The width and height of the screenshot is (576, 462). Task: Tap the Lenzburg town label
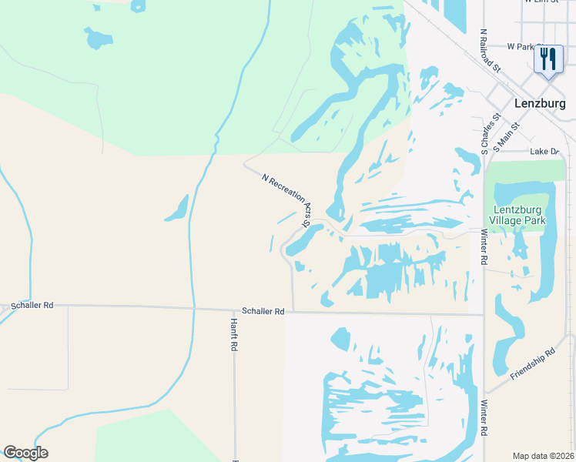[542, 104]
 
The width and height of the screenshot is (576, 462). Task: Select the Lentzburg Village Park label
[519, 215]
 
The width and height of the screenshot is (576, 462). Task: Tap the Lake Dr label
[544, 152]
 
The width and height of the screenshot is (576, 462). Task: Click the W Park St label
[521, 47]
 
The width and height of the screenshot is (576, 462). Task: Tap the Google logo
[25, 453]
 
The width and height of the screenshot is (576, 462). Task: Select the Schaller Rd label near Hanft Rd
[263, 311]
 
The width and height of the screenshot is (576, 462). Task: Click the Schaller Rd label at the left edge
[32, 306]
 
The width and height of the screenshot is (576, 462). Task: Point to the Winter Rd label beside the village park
[484, 247]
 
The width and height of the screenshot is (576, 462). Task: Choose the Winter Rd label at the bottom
[484, 419]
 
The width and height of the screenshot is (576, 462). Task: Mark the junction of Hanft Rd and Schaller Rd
[234, 310]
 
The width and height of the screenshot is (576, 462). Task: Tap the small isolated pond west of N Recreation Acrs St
[177, 208]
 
